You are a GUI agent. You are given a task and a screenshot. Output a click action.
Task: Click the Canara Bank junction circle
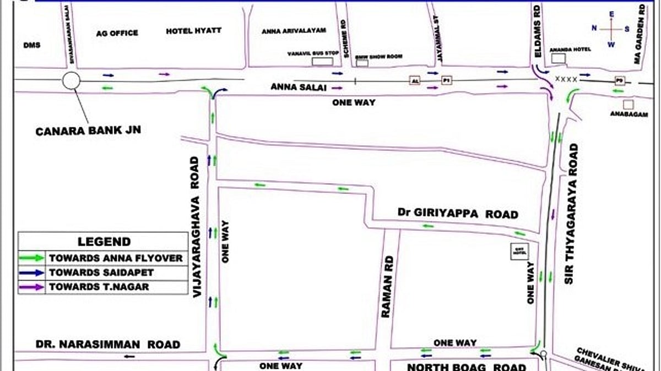pos(71,81)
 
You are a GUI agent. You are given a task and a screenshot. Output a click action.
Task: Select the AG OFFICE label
pos(117,33)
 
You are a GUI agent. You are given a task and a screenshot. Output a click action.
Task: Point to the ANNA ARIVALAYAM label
pos(294,31)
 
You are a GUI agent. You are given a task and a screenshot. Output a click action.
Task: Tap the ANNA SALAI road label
pos(298,87)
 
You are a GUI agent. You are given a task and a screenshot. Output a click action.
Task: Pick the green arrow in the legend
pos(31,257)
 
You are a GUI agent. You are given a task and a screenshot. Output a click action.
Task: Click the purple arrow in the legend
pos(31,287)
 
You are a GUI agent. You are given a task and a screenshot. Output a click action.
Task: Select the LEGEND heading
pos(104,242)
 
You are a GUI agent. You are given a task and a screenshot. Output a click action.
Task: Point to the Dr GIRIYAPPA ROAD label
pos(458,214)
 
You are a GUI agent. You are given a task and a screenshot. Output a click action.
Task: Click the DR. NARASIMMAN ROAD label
pos(108,345)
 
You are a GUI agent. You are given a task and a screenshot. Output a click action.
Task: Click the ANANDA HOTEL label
pos(570,50)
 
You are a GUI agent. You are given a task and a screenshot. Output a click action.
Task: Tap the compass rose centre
pos(611,29)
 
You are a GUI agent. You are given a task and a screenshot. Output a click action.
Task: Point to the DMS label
pos(32,45)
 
